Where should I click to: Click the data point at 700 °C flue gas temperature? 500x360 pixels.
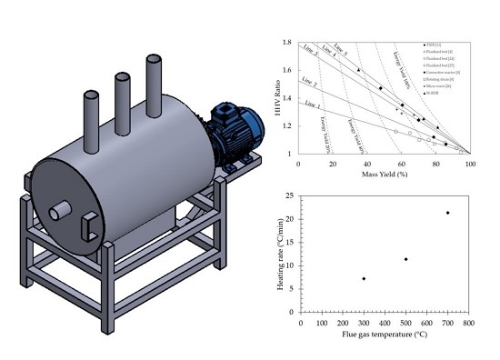(447, 213)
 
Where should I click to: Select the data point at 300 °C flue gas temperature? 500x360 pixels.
(364, 278)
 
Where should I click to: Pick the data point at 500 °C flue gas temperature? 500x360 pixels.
(405, 259)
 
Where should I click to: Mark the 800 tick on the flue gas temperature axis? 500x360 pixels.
(467, 322)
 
